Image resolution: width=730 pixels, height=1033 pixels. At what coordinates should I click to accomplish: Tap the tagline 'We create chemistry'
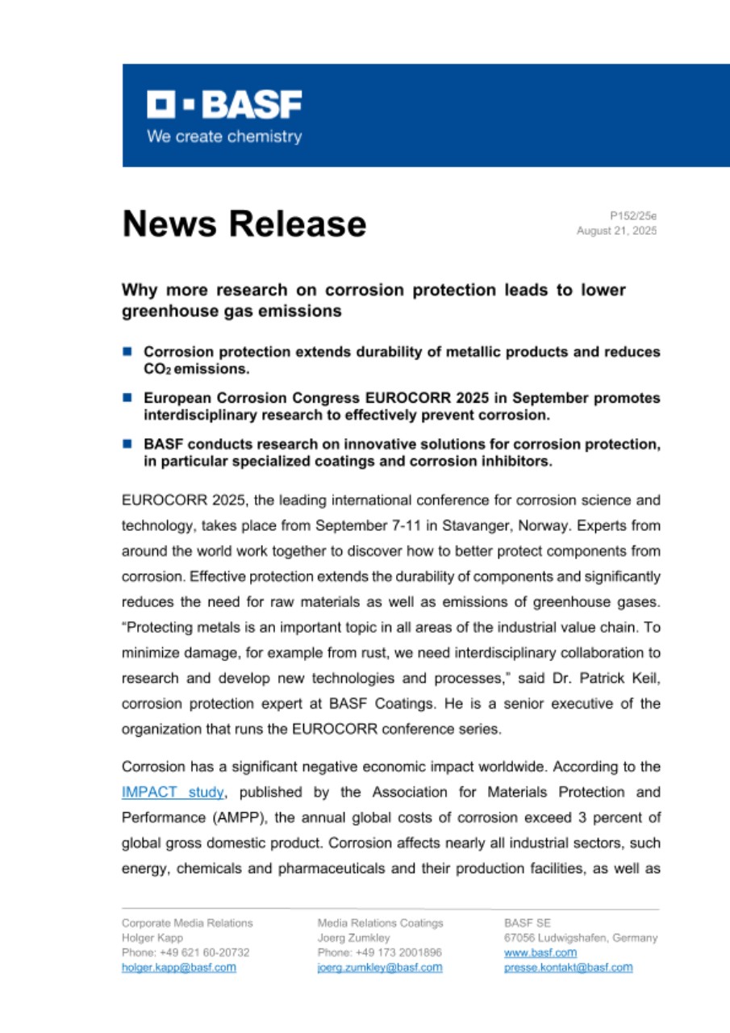tap(224, 136)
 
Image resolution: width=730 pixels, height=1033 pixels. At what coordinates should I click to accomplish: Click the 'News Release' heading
tap(244, 224)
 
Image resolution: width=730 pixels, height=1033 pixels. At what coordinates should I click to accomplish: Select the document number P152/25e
tap(633, 215)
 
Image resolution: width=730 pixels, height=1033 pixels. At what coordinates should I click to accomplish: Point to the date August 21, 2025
tap(616, 231)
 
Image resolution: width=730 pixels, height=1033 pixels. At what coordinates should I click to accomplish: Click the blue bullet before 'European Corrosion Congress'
tap(127, 398)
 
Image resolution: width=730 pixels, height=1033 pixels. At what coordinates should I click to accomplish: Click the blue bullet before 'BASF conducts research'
tap(127, 444)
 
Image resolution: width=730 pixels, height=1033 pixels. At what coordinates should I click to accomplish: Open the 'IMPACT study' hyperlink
tap(172, 793)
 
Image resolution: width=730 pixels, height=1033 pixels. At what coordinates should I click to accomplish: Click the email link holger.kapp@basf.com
tap(178, 968)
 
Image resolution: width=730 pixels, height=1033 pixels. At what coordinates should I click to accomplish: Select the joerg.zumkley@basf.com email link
tap(380, 968)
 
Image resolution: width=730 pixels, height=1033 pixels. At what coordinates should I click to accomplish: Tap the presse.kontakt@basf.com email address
tap(568, 968)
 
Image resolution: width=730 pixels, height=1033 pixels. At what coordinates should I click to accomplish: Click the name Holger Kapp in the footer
tap(152, 938)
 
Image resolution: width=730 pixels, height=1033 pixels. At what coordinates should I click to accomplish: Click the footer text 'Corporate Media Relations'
tap(187, 922)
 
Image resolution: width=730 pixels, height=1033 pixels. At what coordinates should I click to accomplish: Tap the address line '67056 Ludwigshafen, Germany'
tap(580, 938)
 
